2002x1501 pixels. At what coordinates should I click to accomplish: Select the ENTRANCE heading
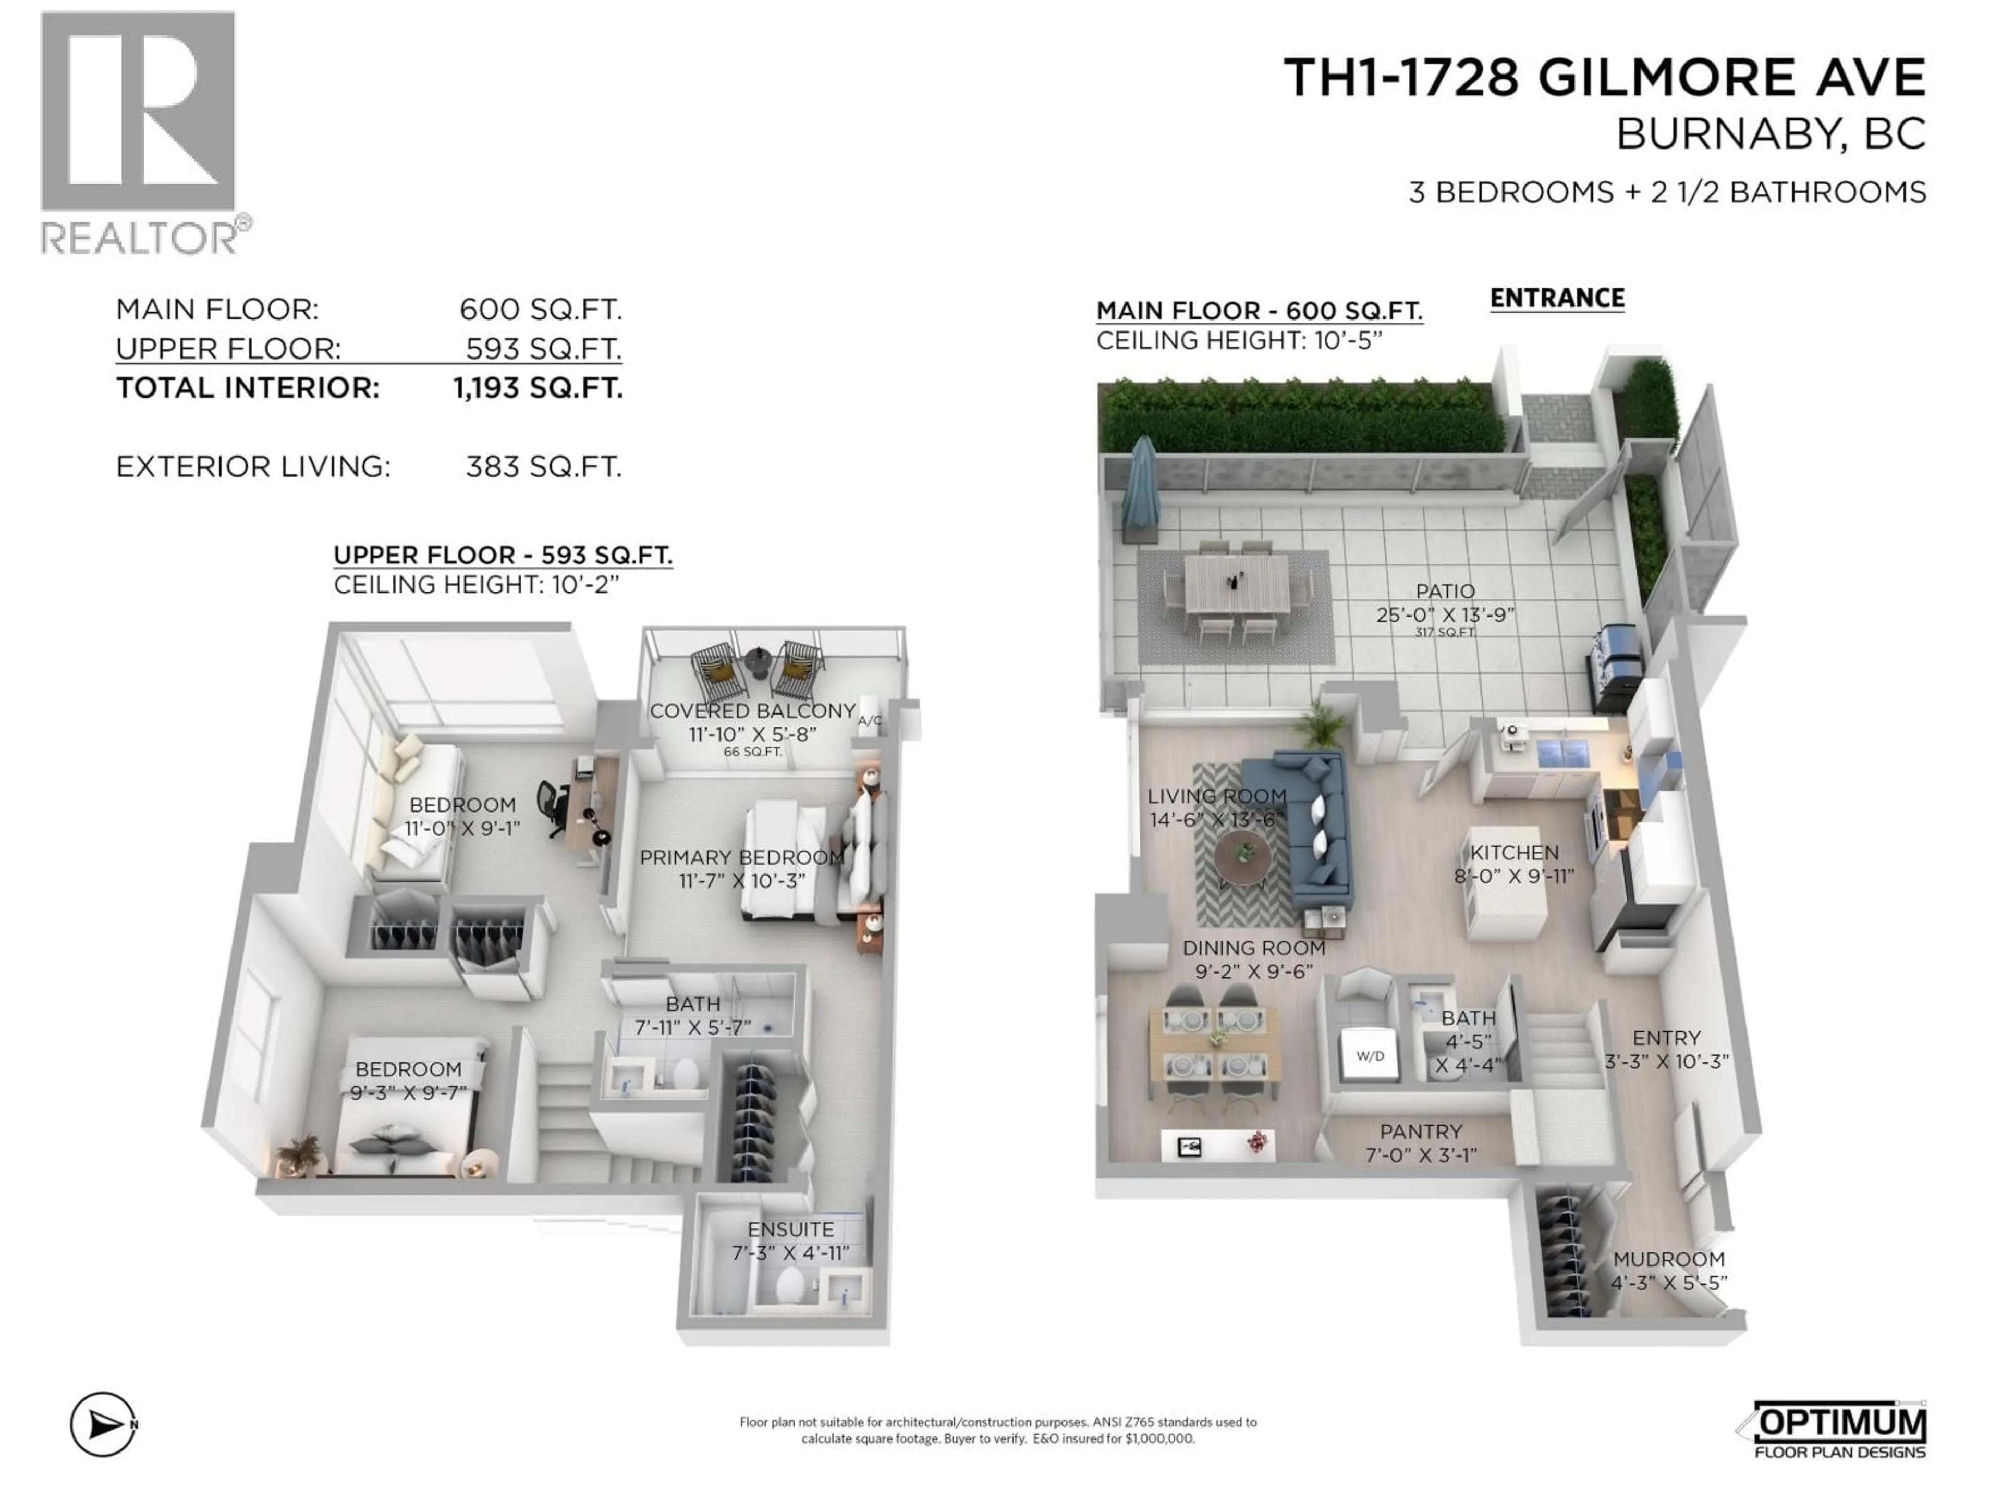tap(1557, 299)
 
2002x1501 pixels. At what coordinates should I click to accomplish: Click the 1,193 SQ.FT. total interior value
tap(538, 388)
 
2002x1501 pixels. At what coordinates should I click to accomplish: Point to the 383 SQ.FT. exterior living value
tap(543, 467)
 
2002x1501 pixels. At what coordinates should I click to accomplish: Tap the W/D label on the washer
tap(1370, 1056)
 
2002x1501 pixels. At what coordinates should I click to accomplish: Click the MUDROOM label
tap(1668, 1259)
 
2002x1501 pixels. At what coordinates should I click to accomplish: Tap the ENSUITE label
tap(790, 1228)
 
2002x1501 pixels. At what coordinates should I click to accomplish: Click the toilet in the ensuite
tap(790, 1285)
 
